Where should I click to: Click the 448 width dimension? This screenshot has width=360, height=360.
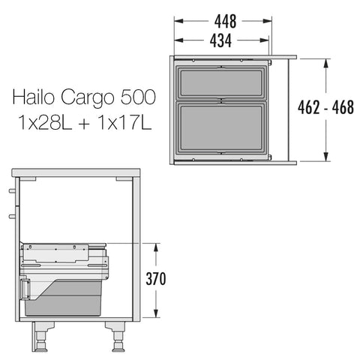pyautogui.click(x=225, y=22)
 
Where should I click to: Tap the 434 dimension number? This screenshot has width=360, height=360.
pyautogui.click(x=220, y=40)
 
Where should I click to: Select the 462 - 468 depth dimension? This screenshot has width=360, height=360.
pyautogui.click(x=325, y=107)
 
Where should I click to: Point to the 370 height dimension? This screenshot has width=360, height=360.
pyautogui.click(x=156, y=279)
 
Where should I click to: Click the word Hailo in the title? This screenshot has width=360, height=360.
pyautogui.click(x=33, y=97)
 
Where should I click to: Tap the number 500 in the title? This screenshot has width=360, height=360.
pyautogui.click(x=138, y=97)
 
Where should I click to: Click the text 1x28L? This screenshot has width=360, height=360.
pyautogui.click(x=46, y=123)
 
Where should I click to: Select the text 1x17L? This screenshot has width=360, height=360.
pyautogui.click(x=125, y=123)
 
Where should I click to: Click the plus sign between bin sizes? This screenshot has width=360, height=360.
pyautogui.click(x=85, y=124)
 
